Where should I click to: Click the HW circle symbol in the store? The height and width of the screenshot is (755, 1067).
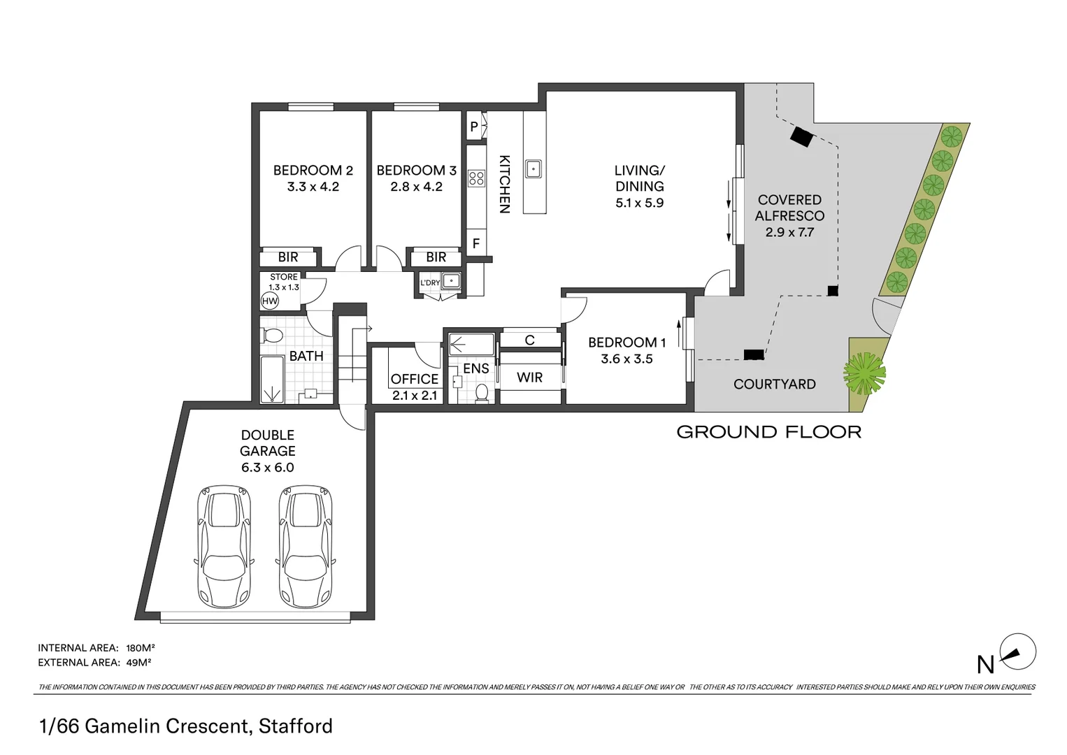click(269, 301)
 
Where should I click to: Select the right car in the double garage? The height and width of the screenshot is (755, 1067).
click(306, 548)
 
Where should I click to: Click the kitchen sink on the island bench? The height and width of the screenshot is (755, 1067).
click(533, 168)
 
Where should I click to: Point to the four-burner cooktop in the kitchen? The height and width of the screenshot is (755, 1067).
click(477, 178)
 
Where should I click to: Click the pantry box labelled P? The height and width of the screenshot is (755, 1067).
click(474, 127)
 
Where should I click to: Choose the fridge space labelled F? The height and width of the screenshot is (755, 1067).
click(476, 244)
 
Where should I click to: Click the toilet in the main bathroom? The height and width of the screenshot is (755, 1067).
click(271, 336)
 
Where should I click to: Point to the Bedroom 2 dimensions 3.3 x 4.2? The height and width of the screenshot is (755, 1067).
click(313, 187)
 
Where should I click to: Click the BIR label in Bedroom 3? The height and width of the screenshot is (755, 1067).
click(436, 257)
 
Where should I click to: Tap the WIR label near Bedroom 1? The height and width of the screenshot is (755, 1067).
click(529, 377)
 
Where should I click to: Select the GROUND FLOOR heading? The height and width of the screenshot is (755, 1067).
click(768, 432)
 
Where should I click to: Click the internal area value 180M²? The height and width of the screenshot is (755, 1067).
click(140, 648)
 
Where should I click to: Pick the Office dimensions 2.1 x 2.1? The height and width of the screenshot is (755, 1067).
click(414, 395)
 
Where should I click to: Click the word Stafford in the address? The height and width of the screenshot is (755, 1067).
click(295, 726)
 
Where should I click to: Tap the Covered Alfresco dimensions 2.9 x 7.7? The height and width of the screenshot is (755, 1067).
click(789, 232)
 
